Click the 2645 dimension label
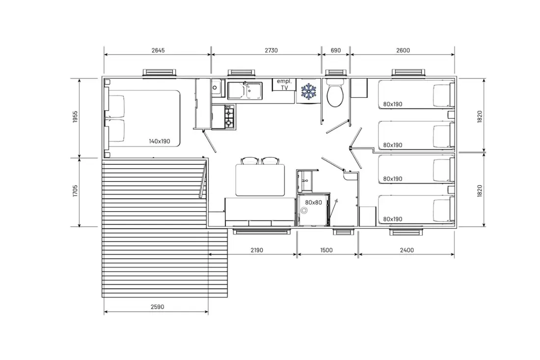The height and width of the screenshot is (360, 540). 158,50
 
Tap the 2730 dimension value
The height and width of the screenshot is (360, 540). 271,50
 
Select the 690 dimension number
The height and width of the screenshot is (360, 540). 335,50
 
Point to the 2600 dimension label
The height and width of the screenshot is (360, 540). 403,50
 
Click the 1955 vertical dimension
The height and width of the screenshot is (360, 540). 76,117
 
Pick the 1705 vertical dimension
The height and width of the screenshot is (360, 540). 76,191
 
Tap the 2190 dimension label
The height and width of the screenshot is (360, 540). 257,250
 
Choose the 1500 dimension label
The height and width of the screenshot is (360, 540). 326,250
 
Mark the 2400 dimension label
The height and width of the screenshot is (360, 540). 407,250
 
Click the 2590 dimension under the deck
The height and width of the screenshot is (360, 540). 158,306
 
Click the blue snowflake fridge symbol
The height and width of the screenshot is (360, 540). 309,91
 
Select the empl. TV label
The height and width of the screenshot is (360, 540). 284,84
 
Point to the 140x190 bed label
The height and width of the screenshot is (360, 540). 160,141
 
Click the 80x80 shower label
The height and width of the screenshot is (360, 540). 313,202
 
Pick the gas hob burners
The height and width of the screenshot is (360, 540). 229,117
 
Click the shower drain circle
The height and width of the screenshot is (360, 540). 304,211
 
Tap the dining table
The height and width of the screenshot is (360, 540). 260,180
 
